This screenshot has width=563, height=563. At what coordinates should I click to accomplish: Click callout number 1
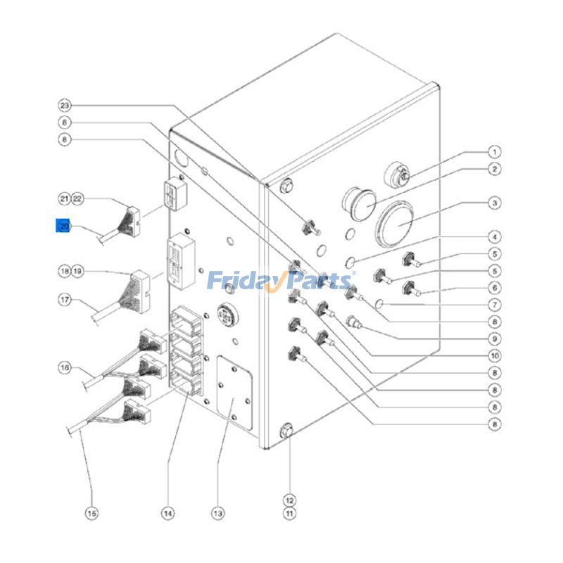point(495,151)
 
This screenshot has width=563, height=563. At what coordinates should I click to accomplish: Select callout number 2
point(495,169)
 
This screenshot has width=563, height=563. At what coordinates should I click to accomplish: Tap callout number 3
point(495,203)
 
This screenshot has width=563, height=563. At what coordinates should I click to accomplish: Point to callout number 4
point(495,236)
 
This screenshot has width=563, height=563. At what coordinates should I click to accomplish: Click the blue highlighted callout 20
point(64,227)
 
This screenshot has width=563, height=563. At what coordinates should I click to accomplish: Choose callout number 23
point(65,106)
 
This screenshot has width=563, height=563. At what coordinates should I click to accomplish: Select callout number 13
point(218,514)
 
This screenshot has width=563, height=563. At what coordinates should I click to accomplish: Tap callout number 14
point(167,514)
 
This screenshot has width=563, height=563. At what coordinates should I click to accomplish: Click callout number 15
point(91,514)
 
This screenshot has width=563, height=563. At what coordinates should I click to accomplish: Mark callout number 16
point(65,367)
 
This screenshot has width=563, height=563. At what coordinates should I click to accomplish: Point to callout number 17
point(65,300)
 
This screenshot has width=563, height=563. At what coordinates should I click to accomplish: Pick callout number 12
point(289,500)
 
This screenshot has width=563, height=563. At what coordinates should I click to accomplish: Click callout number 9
point(495,338)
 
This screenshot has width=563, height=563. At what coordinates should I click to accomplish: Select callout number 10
point(495,355)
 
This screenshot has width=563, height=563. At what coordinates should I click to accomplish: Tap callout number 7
point(495,305)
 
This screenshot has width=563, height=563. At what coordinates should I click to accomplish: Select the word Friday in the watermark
point(241,281)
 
